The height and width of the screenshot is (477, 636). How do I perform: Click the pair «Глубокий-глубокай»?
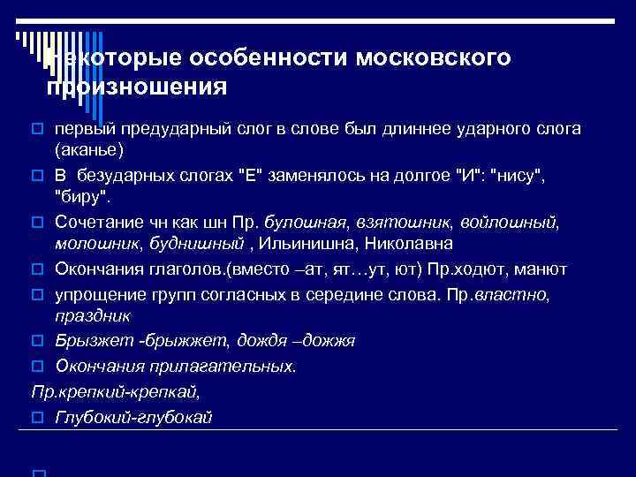133,417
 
